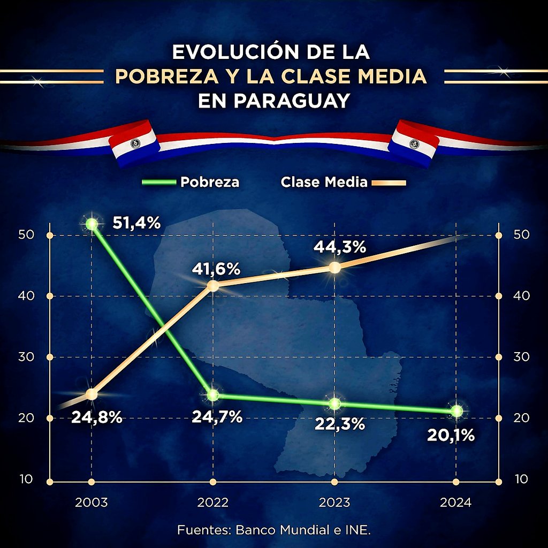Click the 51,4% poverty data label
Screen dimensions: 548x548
coord(136,223)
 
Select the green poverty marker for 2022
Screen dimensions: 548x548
coord(213,395)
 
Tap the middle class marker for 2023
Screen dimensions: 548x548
coord(334,268)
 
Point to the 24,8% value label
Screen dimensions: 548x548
coord(97,416)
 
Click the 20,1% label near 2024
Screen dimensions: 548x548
coord(451,436)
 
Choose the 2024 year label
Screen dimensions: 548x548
coord(456,503)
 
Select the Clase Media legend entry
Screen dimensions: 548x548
coord(324,182)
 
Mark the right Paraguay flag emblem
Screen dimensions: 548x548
coord(414,143)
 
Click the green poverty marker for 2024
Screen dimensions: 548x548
coord(456,411)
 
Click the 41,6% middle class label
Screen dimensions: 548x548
coord(216,269)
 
